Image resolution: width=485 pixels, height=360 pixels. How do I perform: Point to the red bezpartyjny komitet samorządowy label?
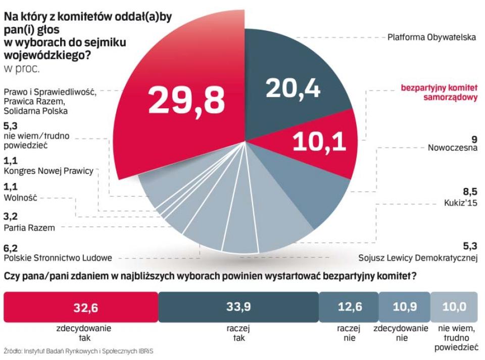click(439, 93)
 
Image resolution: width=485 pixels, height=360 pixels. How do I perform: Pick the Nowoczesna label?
click(452, 148)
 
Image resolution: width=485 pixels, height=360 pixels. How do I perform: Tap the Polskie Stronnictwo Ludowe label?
click(58, 258)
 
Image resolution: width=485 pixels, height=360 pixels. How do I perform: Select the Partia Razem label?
click(29, 228)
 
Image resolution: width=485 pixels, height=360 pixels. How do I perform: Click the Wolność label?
click(20, 198)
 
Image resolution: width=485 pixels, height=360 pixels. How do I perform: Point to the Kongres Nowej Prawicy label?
click(48, 171)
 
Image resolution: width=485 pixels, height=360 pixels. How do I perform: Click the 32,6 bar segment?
click(81, 307)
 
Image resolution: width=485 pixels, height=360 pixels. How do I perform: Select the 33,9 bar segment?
click(238, 307)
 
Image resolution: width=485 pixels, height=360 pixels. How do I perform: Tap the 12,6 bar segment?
click(349, 307)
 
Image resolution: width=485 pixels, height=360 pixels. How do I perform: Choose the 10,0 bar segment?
click(454, 307)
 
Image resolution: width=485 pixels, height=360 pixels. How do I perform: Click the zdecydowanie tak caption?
click(81, 333)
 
